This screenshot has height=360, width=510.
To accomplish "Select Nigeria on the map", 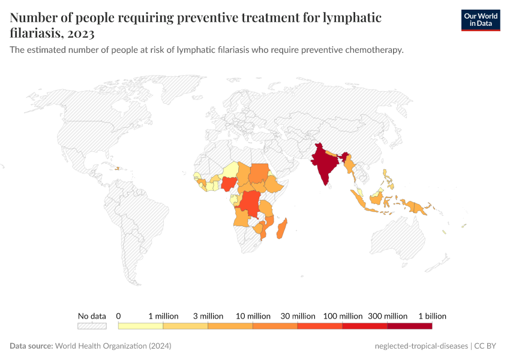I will click(229, 184).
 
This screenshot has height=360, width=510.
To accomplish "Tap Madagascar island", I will click(283, 230).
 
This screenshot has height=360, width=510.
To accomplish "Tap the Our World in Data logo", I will click(480, 20).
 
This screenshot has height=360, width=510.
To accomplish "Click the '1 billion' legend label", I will click(432, 316).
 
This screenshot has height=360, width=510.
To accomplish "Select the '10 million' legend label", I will click(253, 316).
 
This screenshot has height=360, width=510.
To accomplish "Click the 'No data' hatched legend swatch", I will click(92, 326).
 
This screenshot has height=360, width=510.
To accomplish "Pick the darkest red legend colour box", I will click(409, 326).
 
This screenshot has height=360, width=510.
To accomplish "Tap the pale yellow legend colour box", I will click(140, 326).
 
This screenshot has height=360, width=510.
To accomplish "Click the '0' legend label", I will click(119, 316).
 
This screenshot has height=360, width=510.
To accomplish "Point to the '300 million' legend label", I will click(388, 316).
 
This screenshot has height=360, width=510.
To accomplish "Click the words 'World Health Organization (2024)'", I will click(113, 346).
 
